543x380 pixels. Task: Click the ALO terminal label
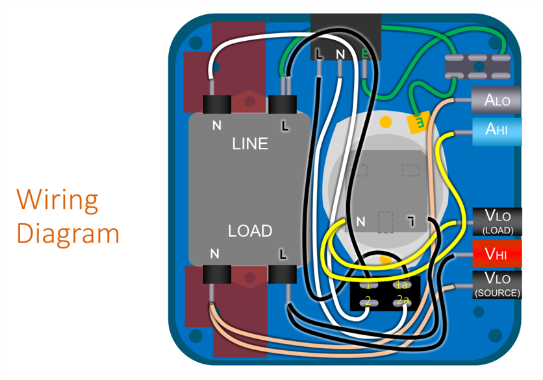pyautogui.click(x=498, y=101)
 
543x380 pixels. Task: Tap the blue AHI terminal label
pyautogui.click(x=498, y=129)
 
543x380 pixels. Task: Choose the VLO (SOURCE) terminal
pyautogui.click(x=498, y=285)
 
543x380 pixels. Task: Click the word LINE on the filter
pyautogui.click(x=250, y=143)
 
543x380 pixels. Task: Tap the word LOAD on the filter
pyautogui.click(x=250, y=231)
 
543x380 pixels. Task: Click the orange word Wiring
pyautogui.click(x=58, y=200)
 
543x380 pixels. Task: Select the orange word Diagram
pyautogui.click(x=68, y=233)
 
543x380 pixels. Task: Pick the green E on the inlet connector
pyautogui.click(x=365, y=54)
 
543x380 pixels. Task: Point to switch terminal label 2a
pyautogui.click(x=403, y=300)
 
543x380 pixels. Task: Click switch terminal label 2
pyautogui.click(x=368, y=301)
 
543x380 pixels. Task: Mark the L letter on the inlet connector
pyautogui.click(x=319, y=54)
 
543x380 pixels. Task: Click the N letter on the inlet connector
pyautogui.click(x=342, y=54)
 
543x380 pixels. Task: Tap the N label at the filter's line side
pyautogui.click(x=216, y=125)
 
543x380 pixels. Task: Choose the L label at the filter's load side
pyautogui.click(x=283, y=252)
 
